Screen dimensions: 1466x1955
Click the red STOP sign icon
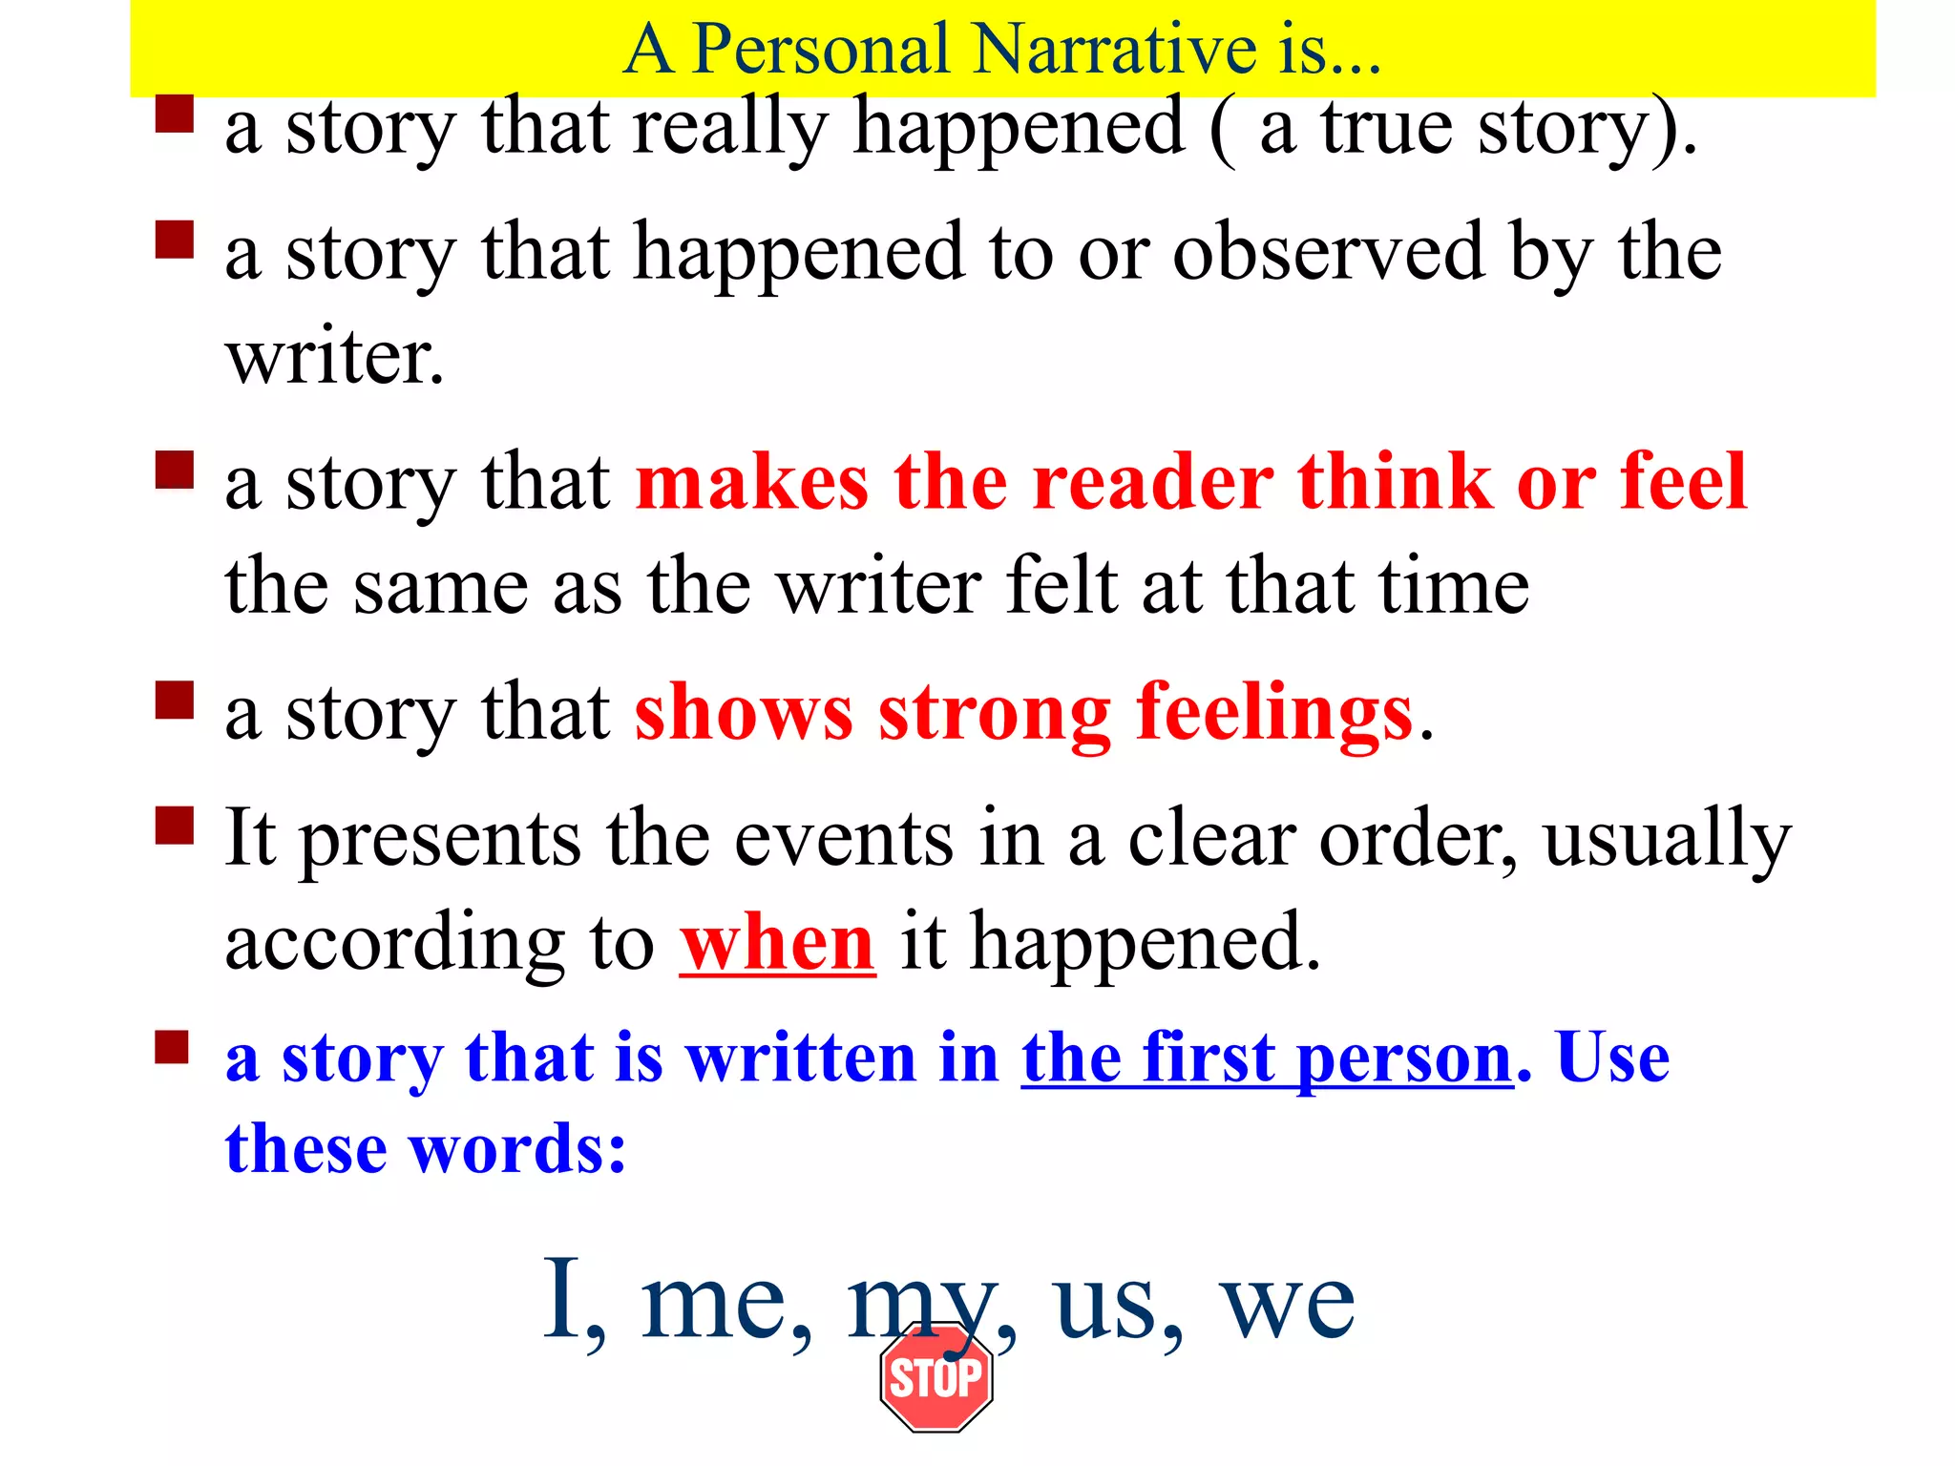935,1377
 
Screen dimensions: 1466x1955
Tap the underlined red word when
777,944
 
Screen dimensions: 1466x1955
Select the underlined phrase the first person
1268,1059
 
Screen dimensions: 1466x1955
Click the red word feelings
1273,714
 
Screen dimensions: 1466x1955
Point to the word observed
1328,253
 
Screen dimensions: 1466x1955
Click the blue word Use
1613,1059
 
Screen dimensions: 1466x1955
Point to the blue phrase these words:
426,1149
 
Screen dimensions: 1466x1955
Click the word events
844,840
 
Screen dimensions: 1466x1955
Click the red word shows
744,714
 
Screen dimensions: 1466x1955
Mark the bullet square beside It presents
175,826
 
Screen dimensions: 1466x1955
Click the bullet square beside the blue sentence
173,1047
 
